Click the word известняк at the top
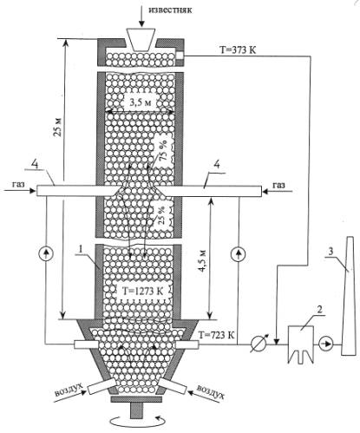[170, 10]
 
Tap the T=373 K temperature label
[238, 50]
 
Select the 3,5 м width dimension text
[140, 102]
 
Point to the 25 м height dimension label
[58, 128]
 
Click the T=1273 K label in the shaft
[142, 291]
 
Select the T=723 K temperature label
[217, 335]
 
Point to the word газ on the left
[18, 184]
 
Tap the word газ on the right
[278, 185]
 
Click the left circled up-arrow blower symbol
[46, 253]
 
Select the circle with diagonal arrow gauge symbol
[258, 344]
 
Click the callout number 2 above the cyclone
[319, 310]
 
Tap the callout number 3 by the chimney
[331, 252]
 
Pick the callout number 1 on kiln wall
[81, 249]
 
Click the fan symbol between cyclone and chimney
[326, 344]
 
